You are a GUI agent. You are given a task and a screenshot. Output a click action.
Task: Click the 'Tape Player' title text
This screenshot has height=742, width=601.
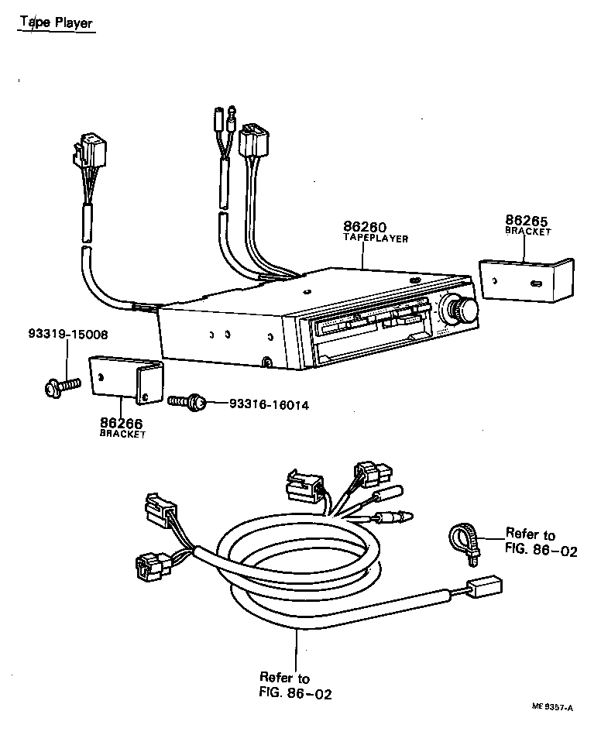click(56, 22)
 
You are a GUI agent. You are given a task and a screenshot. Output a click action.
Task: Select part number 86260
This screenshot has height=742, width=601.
click(364, 227)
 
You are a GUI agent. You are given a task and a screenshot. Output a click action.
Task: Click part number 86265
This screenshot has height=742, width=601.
click(527, 221)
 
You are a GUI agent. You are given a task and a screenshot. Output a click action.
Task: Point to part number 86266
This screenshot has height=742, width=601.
click(122, 423)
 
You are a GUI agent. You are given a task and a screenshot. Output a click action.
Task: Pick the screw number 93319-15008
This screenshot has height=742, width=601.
click(68, 335)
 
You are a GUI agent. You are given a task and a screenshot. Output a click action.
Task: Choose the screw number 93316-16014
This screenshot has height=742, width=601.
click(269, 404)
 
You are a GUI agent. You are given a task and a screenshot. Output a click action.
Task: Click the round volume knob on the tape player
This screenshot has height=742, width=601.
click(465, 311)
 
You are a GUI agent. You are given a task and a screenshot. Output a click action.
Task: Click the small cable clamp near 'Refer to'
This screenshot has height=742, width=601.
click(464, 538)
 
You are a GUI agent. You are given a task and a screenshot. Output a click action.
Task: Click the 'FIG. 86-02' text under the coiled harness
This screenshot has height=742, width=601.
click(295, 694)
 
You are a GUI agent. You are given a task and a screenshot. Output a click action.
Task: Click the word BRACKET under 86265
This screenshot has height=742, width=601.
click(528, 232)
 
